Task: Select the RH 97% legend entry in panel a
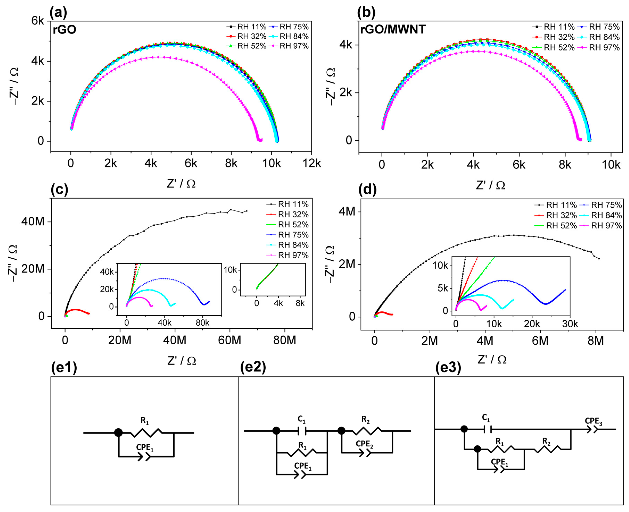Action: pyautogui.click(x=293, y=46)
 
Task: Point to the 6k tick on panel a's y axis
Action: pyautogui.click(x=38, y=21)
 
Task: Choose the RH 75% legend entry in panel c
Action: pyautogui.click(x=293, y=235)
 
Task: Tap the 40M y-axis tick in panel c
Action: pyautogui.click(x=33, y=221)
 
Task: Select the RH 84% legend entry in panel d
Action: pyautogui.click(x=606, y=215)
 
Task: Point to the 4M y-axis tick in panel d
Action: pyautogui.click(x=347, y=211)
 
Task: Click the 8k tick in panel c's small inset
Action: pyautogui.click(x=300, y=303)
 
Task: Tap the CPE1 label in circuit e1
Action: pyautogui.click(x=144, y=447)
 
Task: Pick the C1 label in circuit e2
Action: pyautogui.click(x=301, y=419)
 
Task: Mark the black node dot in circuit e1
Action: pyautogui.click(x=118, y=433)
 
